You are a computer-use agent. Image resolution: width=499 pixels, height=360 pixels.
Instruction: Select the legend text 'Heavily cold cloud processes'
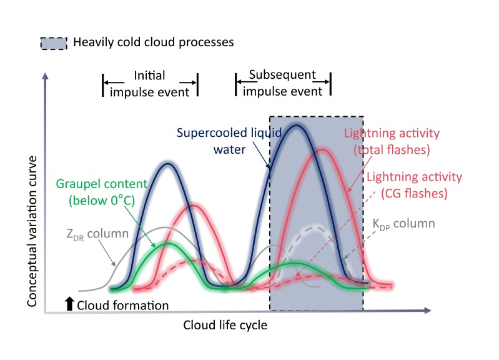click(x=153, y=43)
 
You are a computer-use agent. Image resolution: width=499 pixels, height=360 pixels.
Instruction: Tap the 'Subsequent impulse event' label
click(x=282, y=82)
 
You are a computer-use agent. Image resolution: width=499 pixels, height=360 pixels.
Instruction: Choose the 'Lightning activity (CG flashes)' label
click(x=415, y=185)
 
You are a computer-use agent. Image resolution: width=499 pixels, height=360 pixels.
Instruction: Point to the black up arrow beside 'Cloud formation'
click(x=69, y=304)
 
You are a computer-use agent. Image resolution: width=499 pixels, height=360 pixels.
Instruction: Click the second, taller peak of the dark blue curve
click(x=296, y=126)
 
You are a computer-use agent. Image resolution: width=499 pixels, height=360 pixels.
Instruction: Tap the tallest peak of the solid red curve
click(x=322, y=149)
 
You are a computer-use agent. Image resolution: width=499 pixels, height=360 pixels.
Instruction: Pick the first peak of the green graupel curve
click(x=167, y=243)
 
